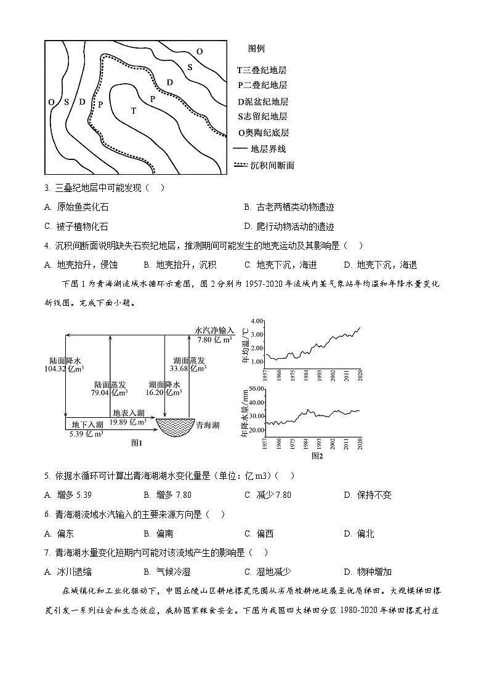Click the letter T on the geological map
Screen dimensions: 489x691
pos(133,111)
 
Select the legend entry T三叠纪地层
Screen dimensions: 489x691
pos(262,71)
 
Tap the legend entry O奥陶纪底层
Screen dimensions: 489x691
pos(264,132)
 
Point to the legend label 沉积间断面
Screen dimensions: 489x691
pos(272,165)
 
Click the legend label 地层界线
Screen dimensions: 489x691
pos(268,149)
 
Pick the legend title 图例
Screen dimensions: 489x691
pos(256,49)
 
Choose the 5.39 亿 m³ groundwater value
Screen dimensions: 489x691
pos(86,434)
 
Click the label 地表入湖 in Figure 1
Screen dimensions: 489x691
pos(128,413)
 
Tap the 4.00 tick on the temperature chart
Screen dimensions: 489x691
pos(257,321)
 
